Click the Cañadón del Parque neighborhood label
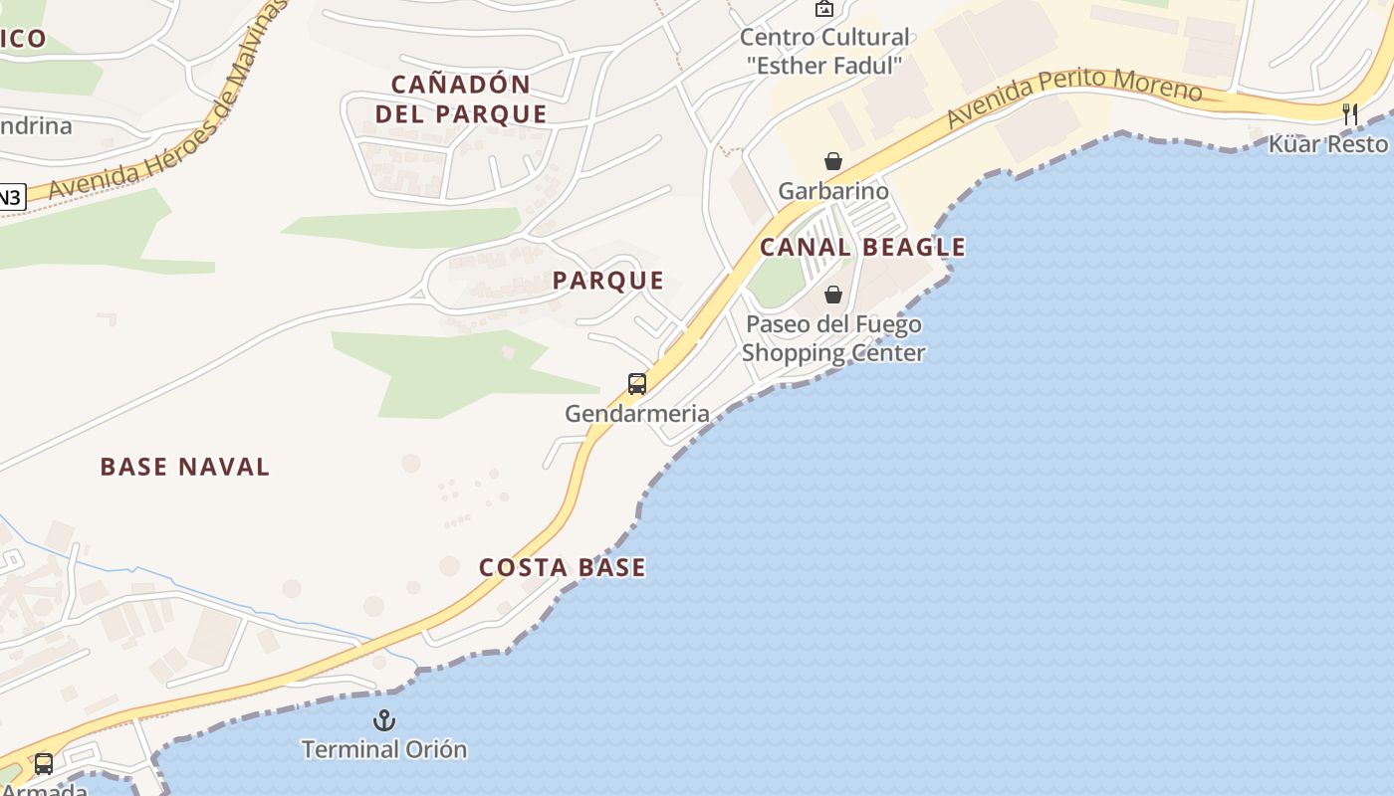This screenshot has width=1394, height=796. point(461,99)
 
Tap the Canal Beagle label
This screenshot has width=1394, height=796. point(862,247)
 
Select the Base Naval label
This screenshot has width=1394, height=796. point(185,467)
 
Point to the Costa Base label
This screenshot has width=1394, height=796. point(563,567)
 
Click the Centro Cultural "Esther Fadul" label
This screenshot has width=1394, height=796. point(824,52)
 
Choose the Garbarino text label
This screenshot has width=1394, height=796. point(833,190)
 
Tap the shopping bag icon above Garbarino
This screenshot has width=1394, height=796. point(833,161)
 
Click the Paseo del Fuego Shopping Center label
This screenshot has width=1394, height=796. point(833,338)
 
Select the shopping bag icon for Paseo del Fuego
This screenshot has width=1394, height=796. point(833,295)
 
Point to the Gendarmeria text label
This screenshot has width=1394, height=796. point(637,413)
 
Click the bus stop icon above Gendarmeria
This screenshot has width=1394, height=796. point(637,383)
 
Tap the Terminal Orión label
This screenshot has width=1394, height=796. point(384,749)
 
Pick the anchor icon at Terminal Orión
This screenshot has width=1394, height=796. point(384,720)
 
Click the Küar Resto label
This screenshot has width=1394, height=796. point(1327,144)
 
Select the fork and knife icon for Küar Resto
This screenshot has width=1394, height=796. point(1350,113)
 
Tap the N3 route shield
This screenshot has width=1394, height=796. point(9,197)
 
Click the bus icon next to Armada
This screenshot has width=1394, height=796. point(44,764)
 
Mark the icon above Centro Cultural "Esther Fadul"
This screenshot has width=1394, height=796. point(824,9)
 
